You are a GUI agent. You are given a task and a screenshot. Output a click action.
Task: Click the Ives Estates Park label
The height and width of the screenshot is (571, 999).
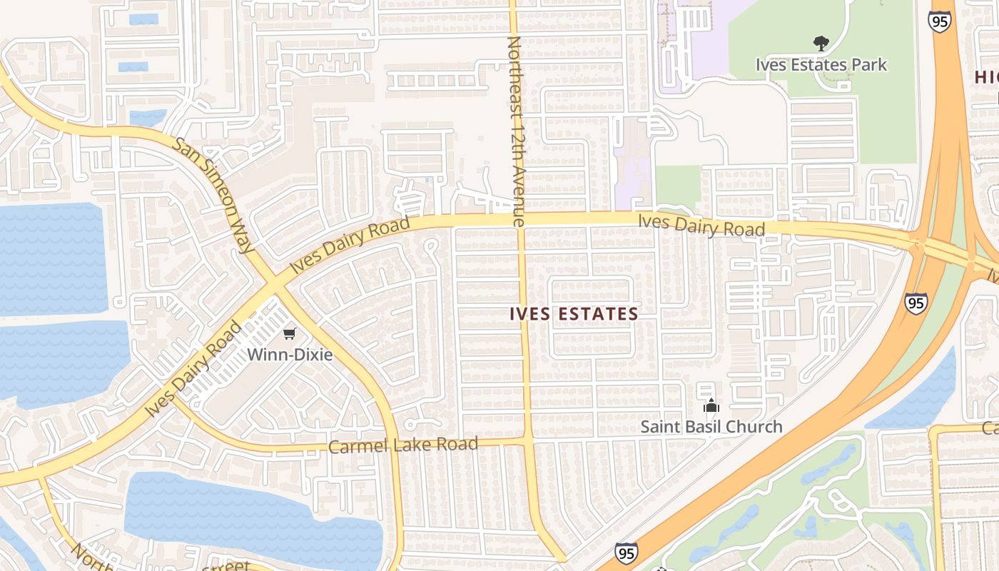pos(821,65)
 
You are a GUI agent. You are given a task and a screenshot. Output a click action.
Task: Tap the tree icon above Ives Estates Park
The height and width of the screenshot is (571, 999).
pos(821,44)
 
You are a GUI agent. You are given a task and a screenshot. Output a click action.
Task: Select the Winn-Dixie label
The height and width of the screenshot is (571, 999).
pos(290,354)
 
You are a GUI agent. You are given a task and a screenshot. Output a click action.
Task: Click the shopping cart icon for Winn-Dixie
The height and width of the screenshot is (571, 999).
pos(290,333)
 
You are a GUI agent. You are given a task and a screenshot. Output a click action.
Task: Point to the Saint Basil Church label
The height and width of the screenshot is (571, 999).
pos(711,427)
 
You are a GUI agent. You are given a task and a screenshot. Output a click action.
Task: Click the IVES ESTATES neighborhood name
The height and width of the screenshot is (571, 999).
pos(574,313)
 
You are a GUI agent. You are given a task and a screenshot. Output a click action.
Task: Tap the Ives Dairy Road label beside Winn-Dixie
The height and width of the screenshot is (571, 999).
pos(193,370)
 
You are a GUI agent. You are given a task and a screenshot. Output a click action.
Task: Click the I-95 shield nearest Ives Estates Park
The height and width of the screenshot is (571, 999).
pos(939,21)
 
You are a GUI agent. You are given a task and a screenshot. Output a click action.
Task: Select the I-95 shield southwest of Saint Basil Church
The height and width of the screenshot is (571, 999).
pos(626,552)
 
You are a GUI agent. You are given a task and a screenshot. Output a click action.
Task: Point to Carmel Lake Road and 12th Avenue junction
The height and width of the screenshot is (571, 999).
pos(527,442)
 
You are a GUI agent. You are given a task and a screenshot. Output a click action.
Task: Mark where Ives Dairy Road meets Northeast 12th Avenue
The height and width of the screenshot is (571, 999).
pos(519,221)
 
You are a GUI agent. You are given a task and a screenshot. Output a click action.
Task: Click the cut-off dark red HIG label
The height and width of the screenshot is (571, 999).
pos(986,77)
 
